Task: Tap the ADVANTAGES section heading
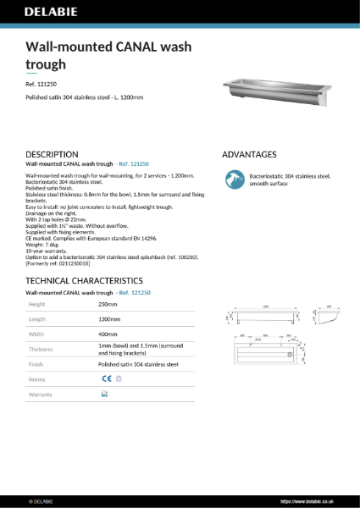249,154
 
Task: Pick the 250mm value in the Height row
108,303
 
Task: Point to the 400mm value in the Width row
108,334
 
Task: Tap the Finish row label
36,365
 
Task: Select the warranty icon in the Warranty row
105,395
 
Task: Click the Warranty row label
41,395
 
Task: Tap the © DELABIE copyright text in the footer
42,500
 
